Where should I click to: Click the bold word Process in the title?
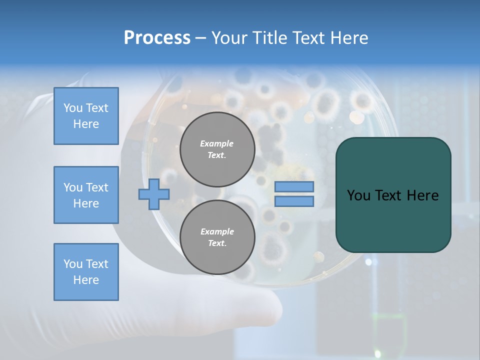click(x=157, y=38)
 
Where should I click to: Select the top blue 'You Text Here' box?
click(x=86, y=116)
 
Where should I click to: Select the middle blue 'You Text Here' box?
click(x=86, y=195)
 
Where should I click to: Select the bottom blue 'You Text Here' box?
click(x=86, y=272)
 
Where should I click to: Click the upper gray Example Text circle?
click(x=217, y=149)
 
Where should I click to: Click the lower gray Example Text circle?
click(x=217, y=237)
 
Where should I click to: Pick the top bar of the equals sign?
click(x=294, y=186)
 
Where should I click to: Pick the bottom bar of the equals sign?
click(x=294, y=201)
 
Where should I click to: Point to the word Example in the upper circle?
click(x=217, y=143)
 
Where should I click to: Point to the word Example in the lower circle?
click(x=217, y=231)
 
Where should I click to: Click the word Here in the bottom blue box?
click(x=86, y=280)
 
